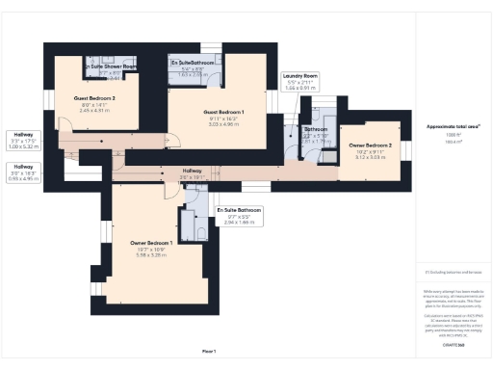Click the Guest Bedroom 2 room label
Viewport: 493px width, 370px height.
point(94,98)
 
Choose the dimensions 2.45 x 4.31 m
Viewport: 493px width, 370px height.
point(94,111)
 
